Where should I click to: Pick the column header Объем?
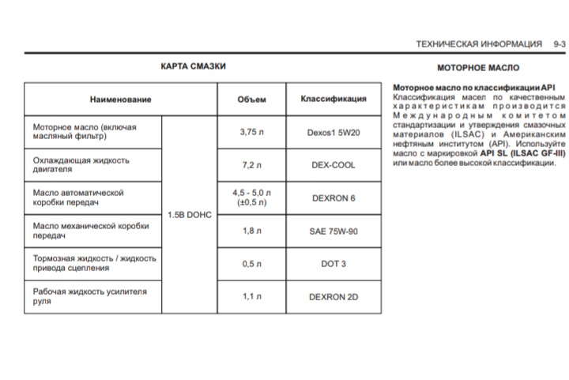click(252, 100)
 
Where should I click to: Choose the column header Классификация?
click(333, 100)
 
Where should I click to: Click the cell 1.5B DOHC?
click(190, 215)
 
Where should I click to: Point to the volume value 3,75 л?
click(252, 132)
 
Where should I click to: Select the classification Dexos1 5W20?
click(333, 133)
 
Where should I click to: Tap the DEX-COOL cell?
click(333, 166)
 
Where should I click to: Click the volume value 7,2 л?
click(252, 165)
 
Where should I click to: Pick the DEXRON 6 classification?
click(333, 198)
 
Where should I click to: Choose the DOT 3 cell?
click(333, 264)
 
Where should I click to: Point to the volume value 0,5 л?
click(252, 264)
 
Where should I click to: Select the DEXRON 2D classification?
click(333, 297)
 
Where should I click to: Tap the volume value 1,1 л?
click(252, 296)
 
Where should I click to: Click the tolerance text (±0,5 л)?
click(252, 203)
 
